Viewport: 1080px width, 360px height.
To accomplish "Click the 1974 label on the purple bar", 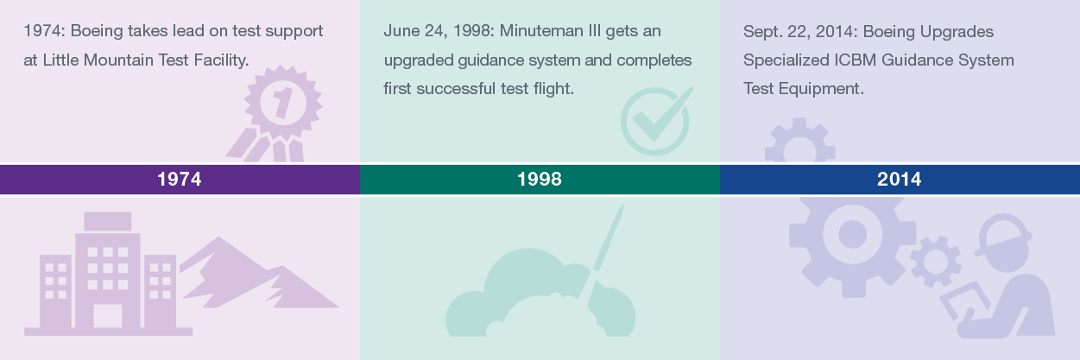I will tap(180, 180).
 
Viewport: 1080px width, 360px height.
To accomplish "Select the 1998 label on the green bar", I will tap(540, 180).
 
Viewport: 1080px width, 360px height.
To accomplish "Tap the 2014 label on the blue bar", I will tap(899, 180).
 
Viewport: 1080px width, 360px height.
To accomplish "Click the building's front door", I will tap(108, 315).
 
